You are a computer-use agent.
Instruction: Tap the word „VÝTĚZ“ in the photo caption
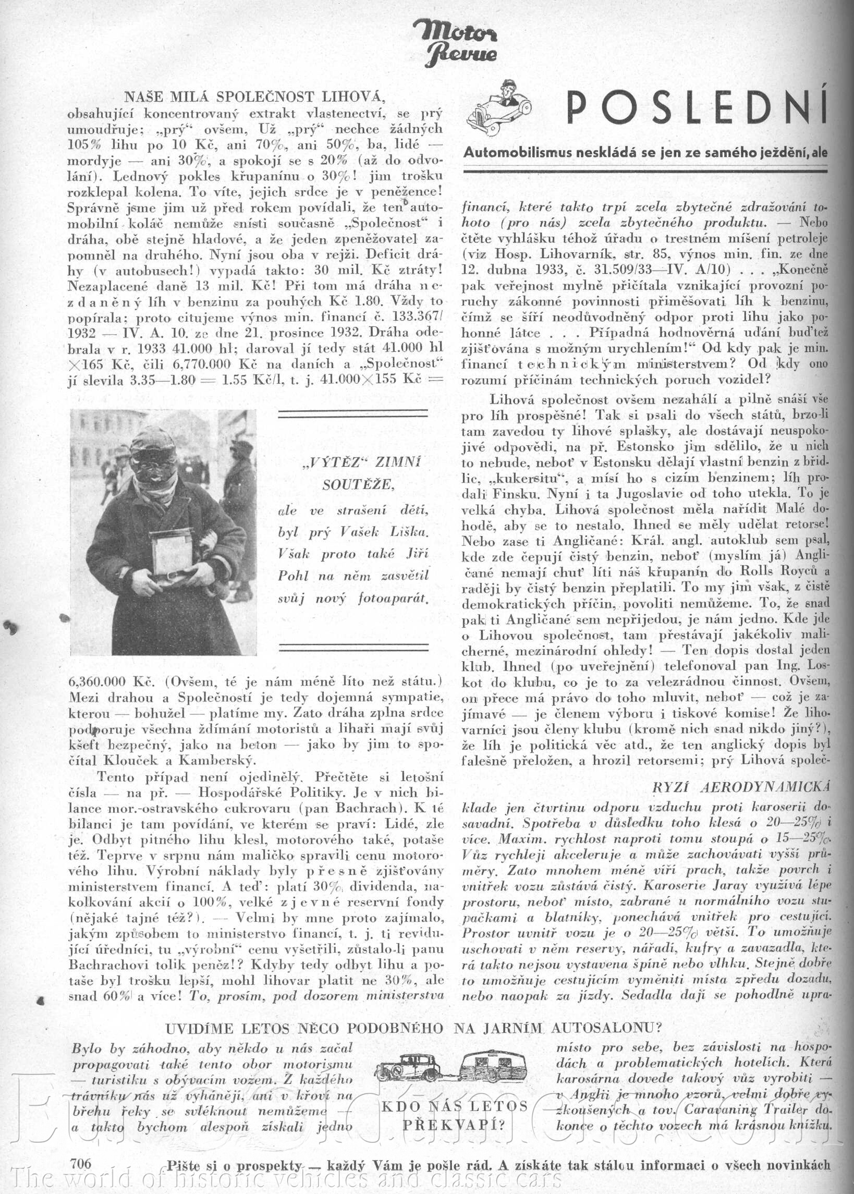tap(334, 462)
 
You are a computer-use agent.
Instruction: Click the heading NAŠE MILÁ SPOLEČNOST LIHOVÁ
tap(255, 97)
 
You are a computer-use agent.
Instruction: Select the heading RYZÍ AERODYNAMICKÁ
tap(741, 787)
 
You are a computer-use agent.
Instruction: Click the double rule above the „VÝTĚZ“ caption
tap(353, 414)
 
